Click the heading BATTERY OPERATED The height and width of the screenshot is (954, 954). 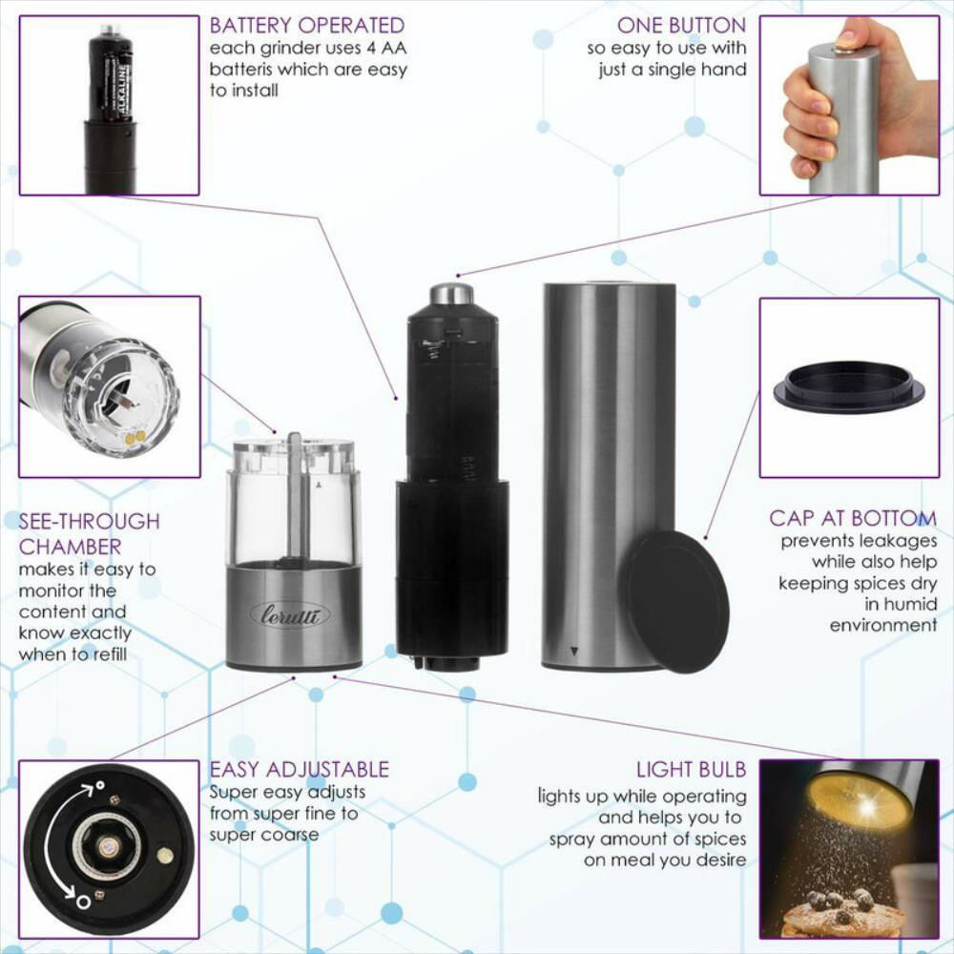306,26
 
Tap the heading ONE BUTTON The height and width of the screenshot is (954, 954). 681,26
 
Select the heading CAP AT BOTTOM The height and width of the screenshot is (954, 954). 853,518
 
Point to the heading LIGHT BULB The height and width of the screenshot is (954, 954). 691,770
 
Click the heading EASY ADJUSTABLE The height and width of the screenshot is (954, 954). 300,770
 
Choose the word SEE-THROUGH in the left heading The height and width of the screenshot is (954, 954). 90,522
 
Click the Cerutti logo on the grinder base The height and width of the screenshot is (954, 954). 290,615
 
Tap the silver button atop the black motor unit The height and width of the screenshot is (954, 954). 452,293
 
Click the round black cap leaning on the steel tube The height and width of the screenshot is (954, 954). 674,601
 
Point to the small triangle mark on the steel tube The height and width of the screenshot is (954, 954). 574,652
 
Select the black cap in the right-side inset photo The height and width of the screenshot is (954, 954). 849,388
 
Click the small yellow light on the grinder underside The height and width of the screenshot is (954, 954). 165,856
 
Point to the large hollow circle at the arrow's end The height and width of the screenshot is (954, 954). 84,901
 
